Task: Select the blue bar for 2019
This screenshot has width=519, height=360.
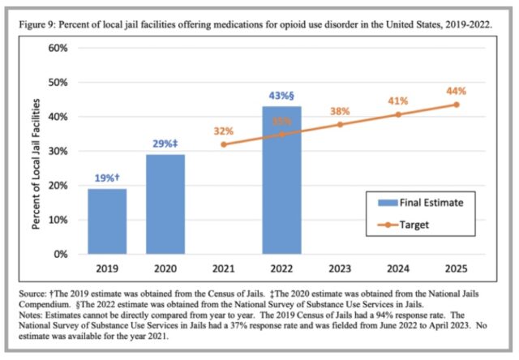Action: [x=108, y=221]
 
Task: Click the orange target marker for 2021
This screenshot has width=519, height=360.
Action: [x=224, y=144]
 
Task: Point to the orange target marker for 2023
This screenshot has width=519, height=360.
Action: [x=340, y=124]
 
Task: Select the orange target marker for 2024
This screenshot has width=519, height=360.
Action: [x=397, y=114]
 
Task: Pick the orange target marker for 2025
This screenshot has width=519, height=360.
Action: [x=456, y=105]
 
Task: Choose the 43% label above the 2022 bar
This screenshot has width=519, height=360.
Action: [x=282, y=96]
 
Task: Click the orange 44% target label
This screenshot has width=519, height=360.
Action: [x=456, y=91]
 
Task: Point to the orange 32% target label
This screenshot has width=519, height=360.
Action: [x=224, y=131]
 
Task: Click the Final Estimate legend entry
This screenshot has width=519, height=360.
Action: [x=422, y=204]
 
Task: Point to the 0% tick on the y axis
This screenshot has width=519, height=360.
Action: [x=59, y=254]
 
